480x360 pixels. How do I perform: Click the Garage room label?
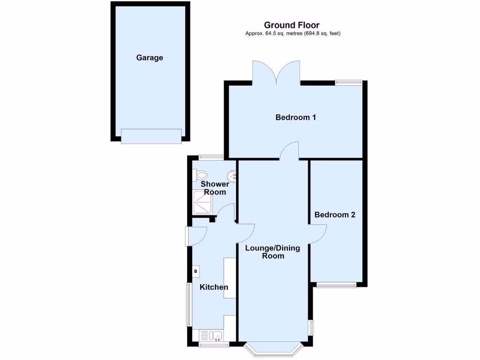pos(150,58)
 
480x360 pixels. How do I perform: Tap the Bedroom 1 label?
pos(295,117)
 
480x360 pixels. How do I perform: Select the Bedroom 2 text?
pos(335,215)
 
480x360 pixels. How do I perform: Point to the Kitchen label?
pos(214,287)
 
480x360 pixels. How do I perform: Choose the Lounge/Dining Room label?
pos(273,252)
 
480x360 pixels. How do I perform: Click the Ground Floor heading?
pos(292,25)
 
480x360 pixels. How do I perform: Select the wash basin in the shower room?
pos(231,176)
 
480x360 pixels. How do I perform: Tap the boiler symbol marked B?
pos(196,271)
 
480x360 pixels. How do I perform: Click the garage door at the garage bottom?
pos(150,136)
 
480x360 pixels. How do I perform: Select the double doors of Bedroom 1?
pos(276,73)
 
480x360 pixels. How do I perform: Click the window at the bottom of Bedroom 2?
pos(336,284)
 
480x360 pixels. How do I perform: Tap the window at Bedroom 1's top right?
pos(348,82)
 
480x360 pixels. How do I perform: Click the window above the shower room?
pos(210,157)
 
